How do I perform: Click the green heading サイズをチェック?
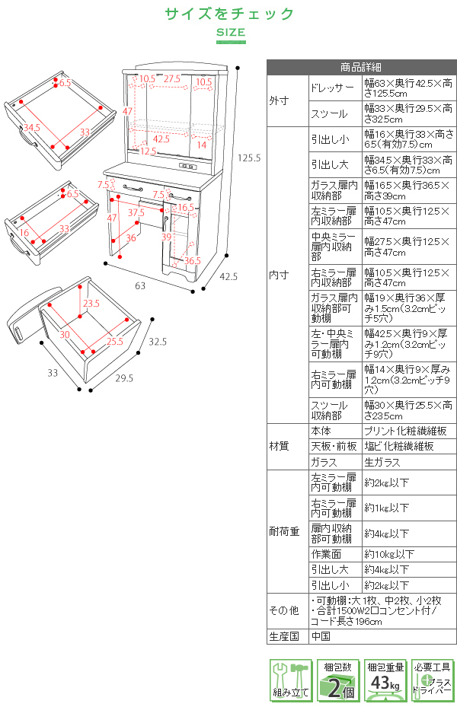tap(229, 14)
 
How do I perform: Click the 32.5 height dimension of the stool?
tap(158, 342)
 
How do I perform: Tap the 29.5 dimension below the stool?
tap(123, 377)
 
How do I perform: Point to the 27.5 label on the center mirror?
tap(171, 78)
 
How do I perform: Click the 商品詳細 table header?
tap(361, 66)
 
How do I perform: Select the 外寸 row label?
tap(279, 100)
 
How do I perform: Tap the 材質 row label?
tap(279, 446)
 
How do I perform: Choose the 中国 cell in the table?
tap(321, 636)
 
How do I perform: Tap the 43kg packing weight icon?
tap(385, 680)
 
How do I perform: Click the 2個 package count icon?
tap(337, 680)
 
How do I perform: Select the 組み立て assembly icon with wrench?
tap(289, 680)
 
